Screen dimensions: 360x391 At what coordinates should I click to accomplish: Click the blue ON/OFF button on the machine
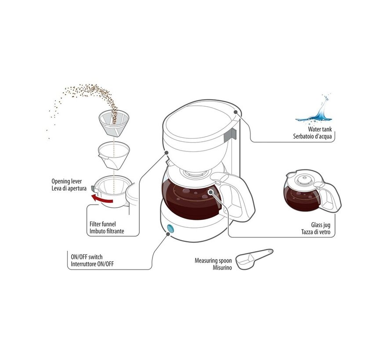pos(170,229)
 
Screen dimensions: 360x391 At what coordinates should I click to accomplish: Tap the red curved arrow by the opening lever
pos(106,200)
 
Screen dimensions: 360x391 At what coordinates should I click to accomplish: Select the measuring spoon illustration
pos(254,259)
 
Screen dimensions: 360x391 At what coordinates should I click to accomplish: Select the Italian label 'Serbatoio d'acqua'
pos(314,137)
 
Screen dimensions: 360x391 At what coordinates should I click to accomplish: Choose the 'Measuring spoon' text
pos(213,260)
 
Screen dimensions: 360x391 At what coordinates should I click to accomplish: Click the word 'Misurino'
pos(222,267)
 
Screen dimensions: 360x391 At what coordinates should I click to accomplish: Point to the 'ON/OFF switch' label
pos(87,257)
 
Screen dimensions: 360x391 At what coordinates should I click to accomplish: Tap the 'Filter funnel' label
pos(102,224)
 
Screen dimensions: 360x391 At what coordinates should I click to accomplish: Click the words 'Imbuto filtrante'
pos(106,230)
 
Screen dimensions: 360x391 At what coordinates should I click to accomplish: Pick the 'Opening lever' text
pos(67,181)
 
